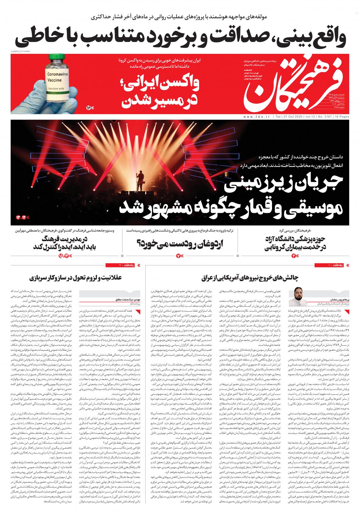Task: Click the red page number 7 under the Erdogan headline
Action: [178, 256]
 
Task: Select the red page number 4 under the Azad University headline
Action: [294, 256]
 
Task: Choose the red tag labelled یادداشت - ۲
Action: [122, 265]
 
